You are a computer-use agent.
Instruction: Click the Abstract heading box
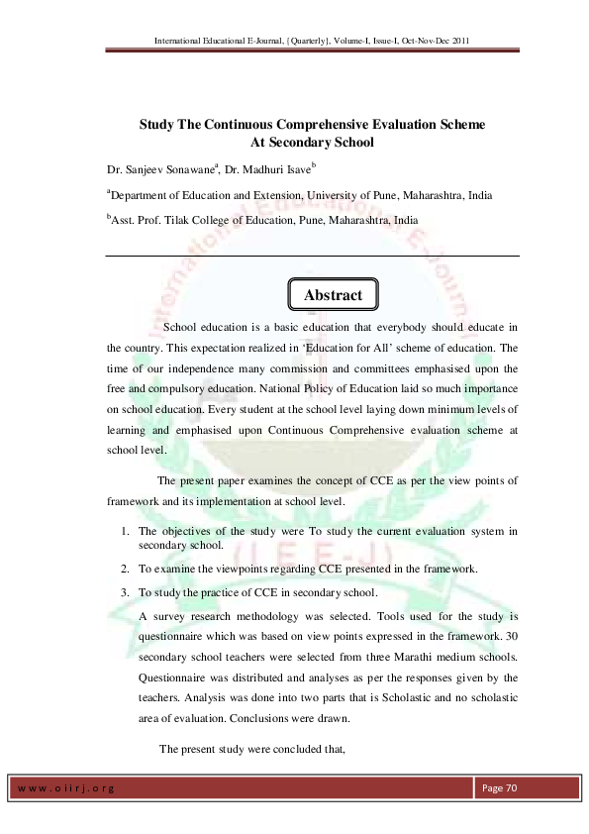(x=333, y=295)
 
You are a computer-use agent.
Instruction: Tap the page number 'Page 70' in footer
(x=500, y=787)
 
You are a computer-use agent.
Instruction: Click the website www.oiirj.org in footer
(x=65, y=788)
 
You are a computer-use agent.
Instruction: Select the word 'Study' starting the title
(x=157, y=126)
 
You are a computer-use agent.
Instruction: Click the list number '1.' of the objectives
(x=123, y=532)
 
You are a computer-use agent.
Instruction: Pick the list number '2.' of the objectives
(x=123, y=569)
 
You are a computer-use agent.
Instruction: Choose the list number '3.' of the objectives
(x=123, y=592)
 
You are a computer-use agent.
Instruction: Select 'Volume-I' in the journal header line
(x=334, y=41)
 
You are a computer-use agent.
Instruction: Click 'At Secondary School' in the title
(x=294, y=143)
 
